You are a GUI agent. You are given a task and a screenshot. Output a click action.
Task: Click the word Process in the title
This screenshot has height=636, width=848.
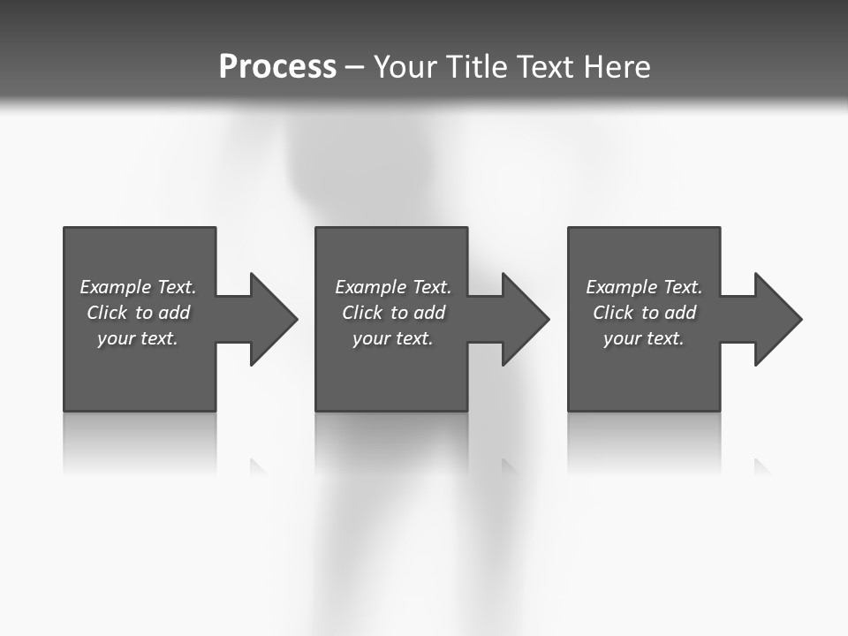(277, 67)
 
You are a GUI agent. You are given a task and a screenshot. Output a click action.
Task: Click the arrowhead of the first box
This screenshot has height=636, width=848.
(274, 319)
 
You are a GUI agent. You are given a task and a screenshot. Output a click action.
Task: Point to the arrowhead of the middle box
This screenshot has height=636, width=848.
(526, 319)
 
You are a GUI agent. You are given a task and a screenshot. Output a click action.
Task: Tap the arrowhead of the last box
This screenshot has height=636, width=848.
(778, 319)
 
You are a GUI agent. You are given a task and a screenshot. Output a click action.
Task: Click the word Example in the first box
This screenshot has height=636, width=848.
(116, 287)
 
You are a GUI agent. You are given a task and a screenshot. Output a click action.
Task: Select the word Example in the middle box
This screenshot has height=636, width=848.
(371, 287)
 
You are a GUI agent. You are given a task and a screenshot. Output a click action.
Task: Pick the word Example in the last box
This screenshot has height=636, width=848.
(622, 287)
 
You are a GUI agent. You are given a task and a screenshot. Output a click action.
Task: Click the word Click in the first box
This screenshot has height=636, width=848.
(107, 313)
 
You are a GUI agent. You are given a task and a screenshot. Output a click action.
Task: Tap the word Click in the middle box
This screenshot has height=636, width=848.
(362, 313)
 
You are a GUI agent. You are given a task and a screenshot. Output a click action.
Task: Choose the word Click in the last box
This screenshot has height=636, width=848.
(613, 313)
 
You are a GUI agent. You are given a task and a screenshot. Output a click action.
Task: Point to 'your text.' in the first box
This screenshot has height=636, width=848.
(138, 338)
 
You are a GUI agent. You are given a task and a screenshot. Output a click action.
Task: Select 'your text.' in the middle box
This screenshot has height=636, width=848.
(393, 338)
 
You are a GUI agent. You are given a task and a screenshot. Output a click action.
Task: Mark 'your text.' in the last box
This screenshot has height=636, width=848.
(644, 338)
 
